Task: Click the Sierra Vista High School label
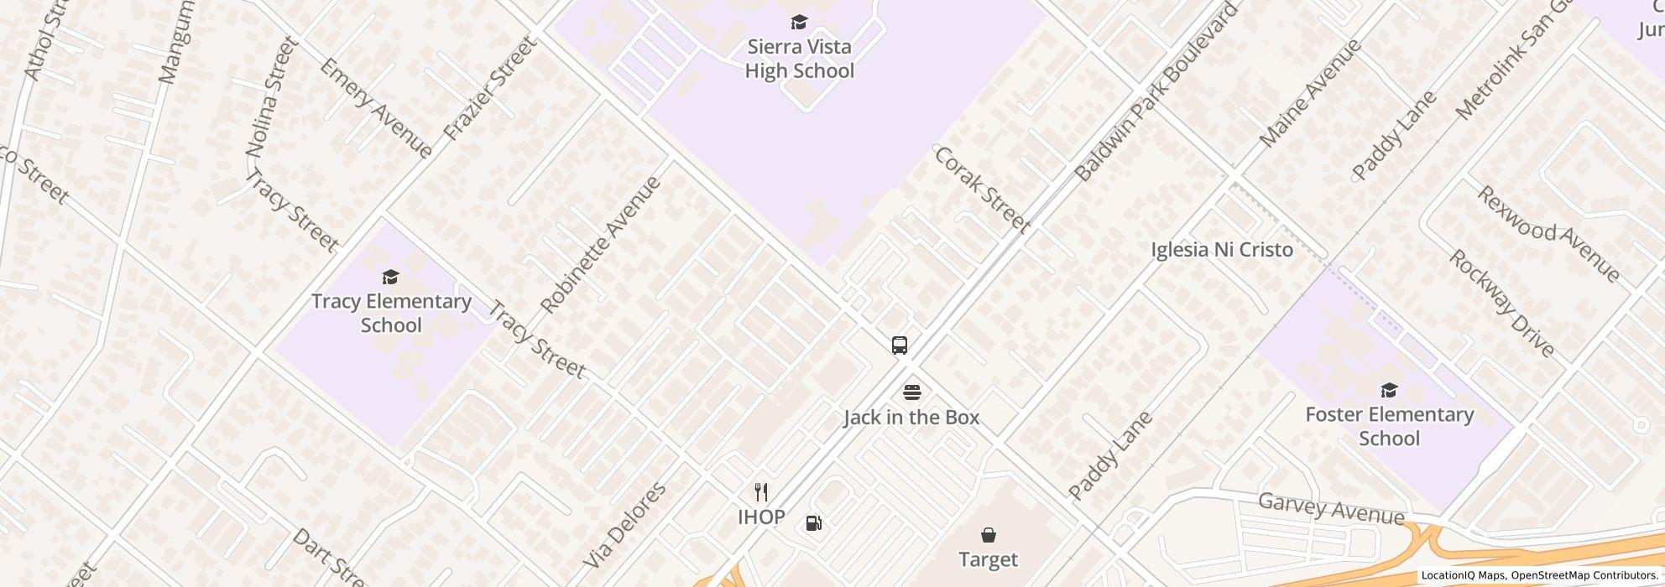[799, 59]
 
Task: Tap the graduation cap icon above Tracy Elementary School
[390, 277]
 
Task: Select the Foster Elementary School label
[1389, 426]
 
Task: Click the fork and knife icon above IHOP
[761, 491]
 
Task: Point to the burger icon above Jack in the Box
[911, 392]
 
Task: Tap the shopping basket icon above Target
[989, 535]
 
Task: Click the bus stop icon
[899, 345]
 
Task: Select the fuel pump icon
[813, 523]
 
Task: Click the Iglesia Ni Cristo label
[1221, 250]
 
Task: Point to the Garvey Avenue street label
[1330, 508]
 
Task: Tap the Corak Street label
[981, 189]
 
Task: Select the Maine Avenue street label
[1309, 93]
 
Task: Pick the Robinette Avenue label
[601, 245]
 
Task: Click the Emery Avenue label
[375, 108]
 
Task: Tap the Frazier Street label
[488, 88]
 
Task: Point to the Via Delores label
[624, 526]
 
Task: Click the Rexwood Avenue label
[1548, 233]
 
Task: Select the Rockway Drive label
[1501, 303]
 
